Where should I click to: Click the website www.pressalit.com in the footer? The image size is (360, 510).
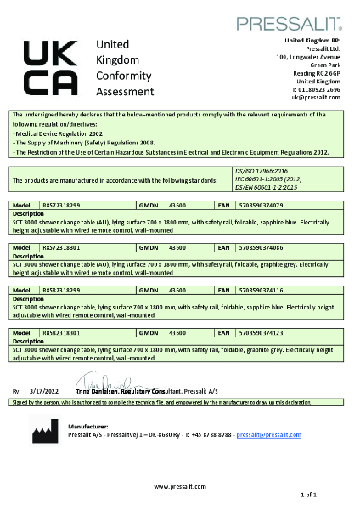click(179, 485)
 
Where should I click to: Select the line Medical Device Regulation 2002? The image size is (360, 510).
click(55, 134)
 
